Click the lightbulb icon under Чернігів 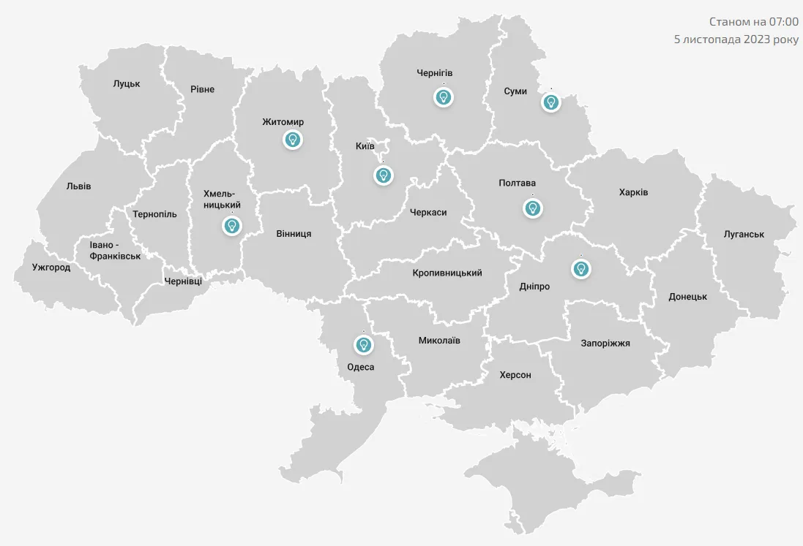point(443,96)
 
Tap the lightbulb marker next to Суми point(550,102)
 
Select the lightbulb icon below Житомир point(293,139)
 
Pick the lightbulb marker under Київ point(383,175)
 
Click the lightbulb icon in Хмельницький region point(232,226)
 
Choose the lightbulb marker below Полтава point(533,208)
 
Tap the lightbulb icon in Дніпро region point(581,268)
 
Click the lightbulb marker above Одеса point(362,344)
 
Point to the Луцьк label point(127,83)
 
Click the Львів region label point(78,186)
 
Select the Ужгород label point(51,267)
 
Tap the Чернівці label point(183,281)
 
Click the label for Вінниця point(294,233)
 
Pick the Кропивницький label point(447,273)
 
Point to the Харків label point(633,192)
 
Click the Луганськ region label point(744,234)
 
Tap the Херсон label point(515,374)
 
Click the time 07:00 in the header point(783,22)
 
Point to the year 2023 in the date point(757,39)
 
